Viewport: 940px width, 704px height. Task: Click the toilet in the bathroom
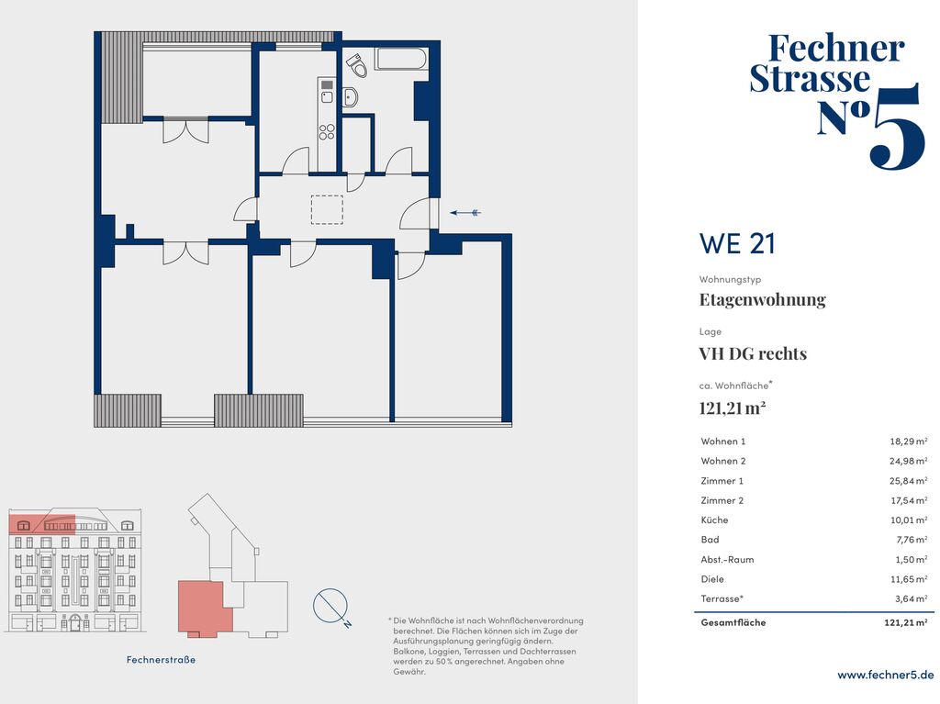pos(357,65)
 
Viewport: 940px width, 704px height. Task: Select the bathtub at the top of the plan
pos(401,59)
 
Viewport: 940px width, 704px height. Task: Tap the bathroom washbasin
pos(350,96)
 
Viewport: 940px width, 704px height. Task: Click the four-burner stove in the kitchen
pos(327,132)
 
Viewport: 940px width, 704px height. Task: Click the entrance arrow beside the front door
pos(465,212)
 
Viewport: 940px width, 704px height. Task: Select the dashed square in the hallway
pos(327,210)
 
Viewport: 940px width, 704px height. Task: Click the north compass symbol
pos(331,607)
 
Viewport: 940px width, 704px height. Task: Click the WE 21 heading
pos(737,243)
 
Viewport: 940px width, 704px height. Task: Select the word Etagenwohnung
pos(763,299)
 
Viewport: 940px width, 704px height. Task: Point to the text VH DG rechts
pos(753,353)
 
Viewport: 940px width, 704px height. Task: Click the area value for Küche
pos(909,520)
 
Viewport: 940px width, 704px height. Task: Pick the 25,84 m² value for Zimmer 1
pos(909,481)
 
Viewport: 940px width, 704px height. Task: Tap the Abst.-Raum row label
pos(727,560)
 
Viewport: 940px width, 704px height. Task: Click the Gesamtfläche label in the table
pos(733,622)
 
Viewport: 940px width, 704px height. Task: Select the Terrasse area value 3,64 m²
pos(910,598)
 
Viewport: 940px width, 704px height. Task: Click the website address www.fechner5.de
pos(886,675)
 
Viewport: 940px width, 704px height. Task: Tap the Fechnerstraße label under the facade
pos(161,660)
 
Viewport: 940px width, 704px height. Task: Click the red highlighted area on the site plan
pos(203,607)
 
